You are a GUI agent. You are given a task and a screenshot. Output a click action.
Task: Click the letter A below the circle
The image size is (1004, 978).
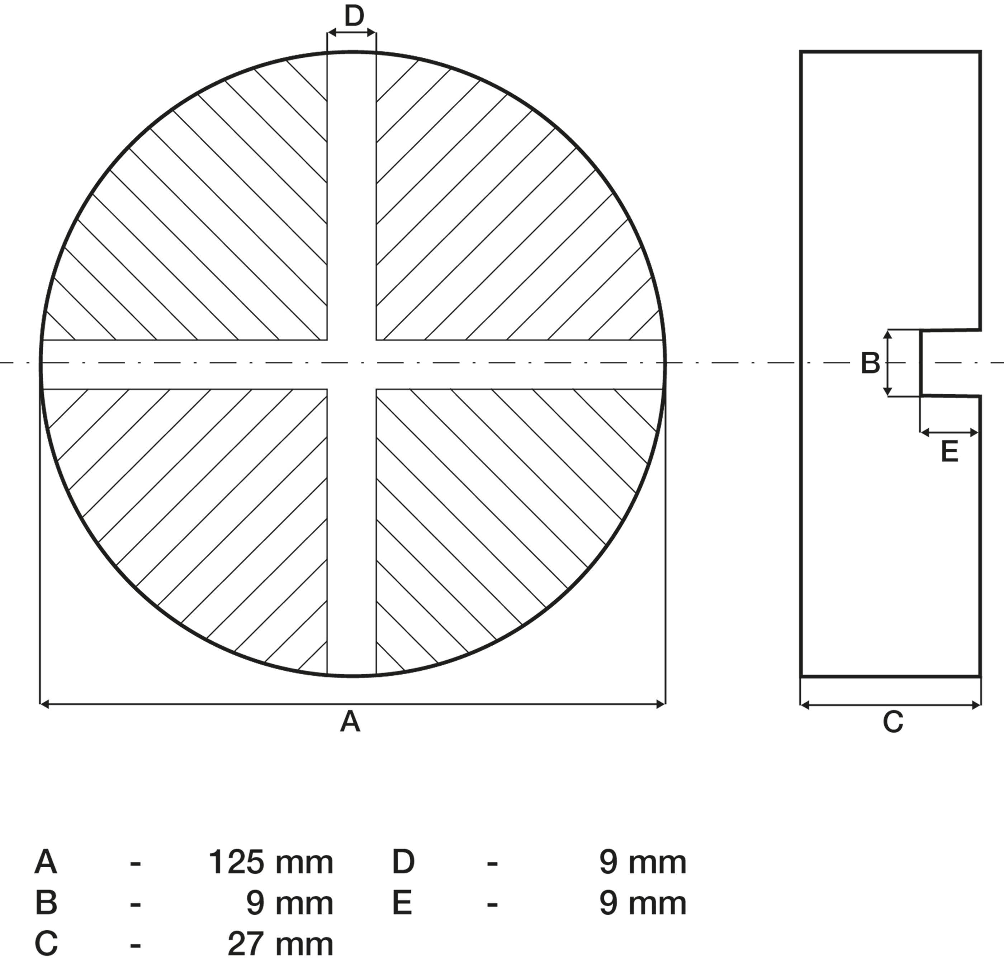click(x=350, y=722)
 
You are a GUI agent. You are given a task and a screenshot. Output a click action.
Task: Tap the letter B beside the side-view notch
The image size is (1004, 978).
click(x=870, y=364)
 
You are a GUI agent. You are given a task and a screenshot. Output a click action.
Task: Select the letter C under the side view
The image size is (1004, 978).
click(x=892, y=722)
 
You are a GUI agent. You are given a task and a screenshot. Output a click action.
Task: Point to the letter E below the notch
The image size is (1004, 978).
click(x=949, y=452)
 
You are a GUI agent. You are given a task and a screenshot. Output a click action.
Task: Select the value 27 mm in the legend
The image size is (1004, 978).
click(x=280, y=944)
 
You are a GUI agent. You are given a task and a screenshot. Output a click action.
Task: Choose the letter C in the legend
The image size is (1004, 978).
click(x=46, y=944)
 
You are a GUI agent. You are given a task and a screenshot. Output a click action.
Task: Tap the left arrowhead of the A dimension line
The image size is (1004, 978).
click(x=44, y=704)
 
